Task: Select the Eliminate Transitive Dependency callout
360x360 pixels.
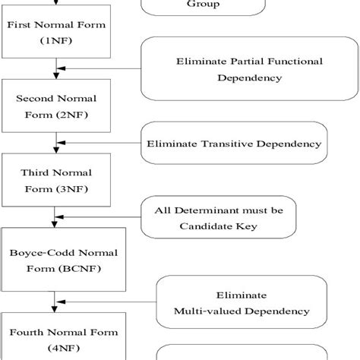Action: coord(234,143)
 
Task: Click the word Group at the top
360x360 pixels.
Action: coord(204,4)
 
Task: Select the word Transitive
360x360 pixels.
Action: coord(228,143)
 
